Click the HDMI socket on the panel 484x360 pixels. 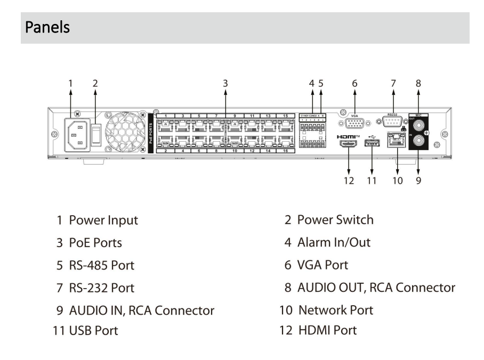(x=349, y=145)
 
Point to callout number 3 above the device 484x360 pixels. (x=225, y=83)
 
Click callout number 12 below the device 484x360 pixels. (x=349, y=181)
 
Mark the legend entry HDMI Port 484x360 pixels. (x=322, y=330)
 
